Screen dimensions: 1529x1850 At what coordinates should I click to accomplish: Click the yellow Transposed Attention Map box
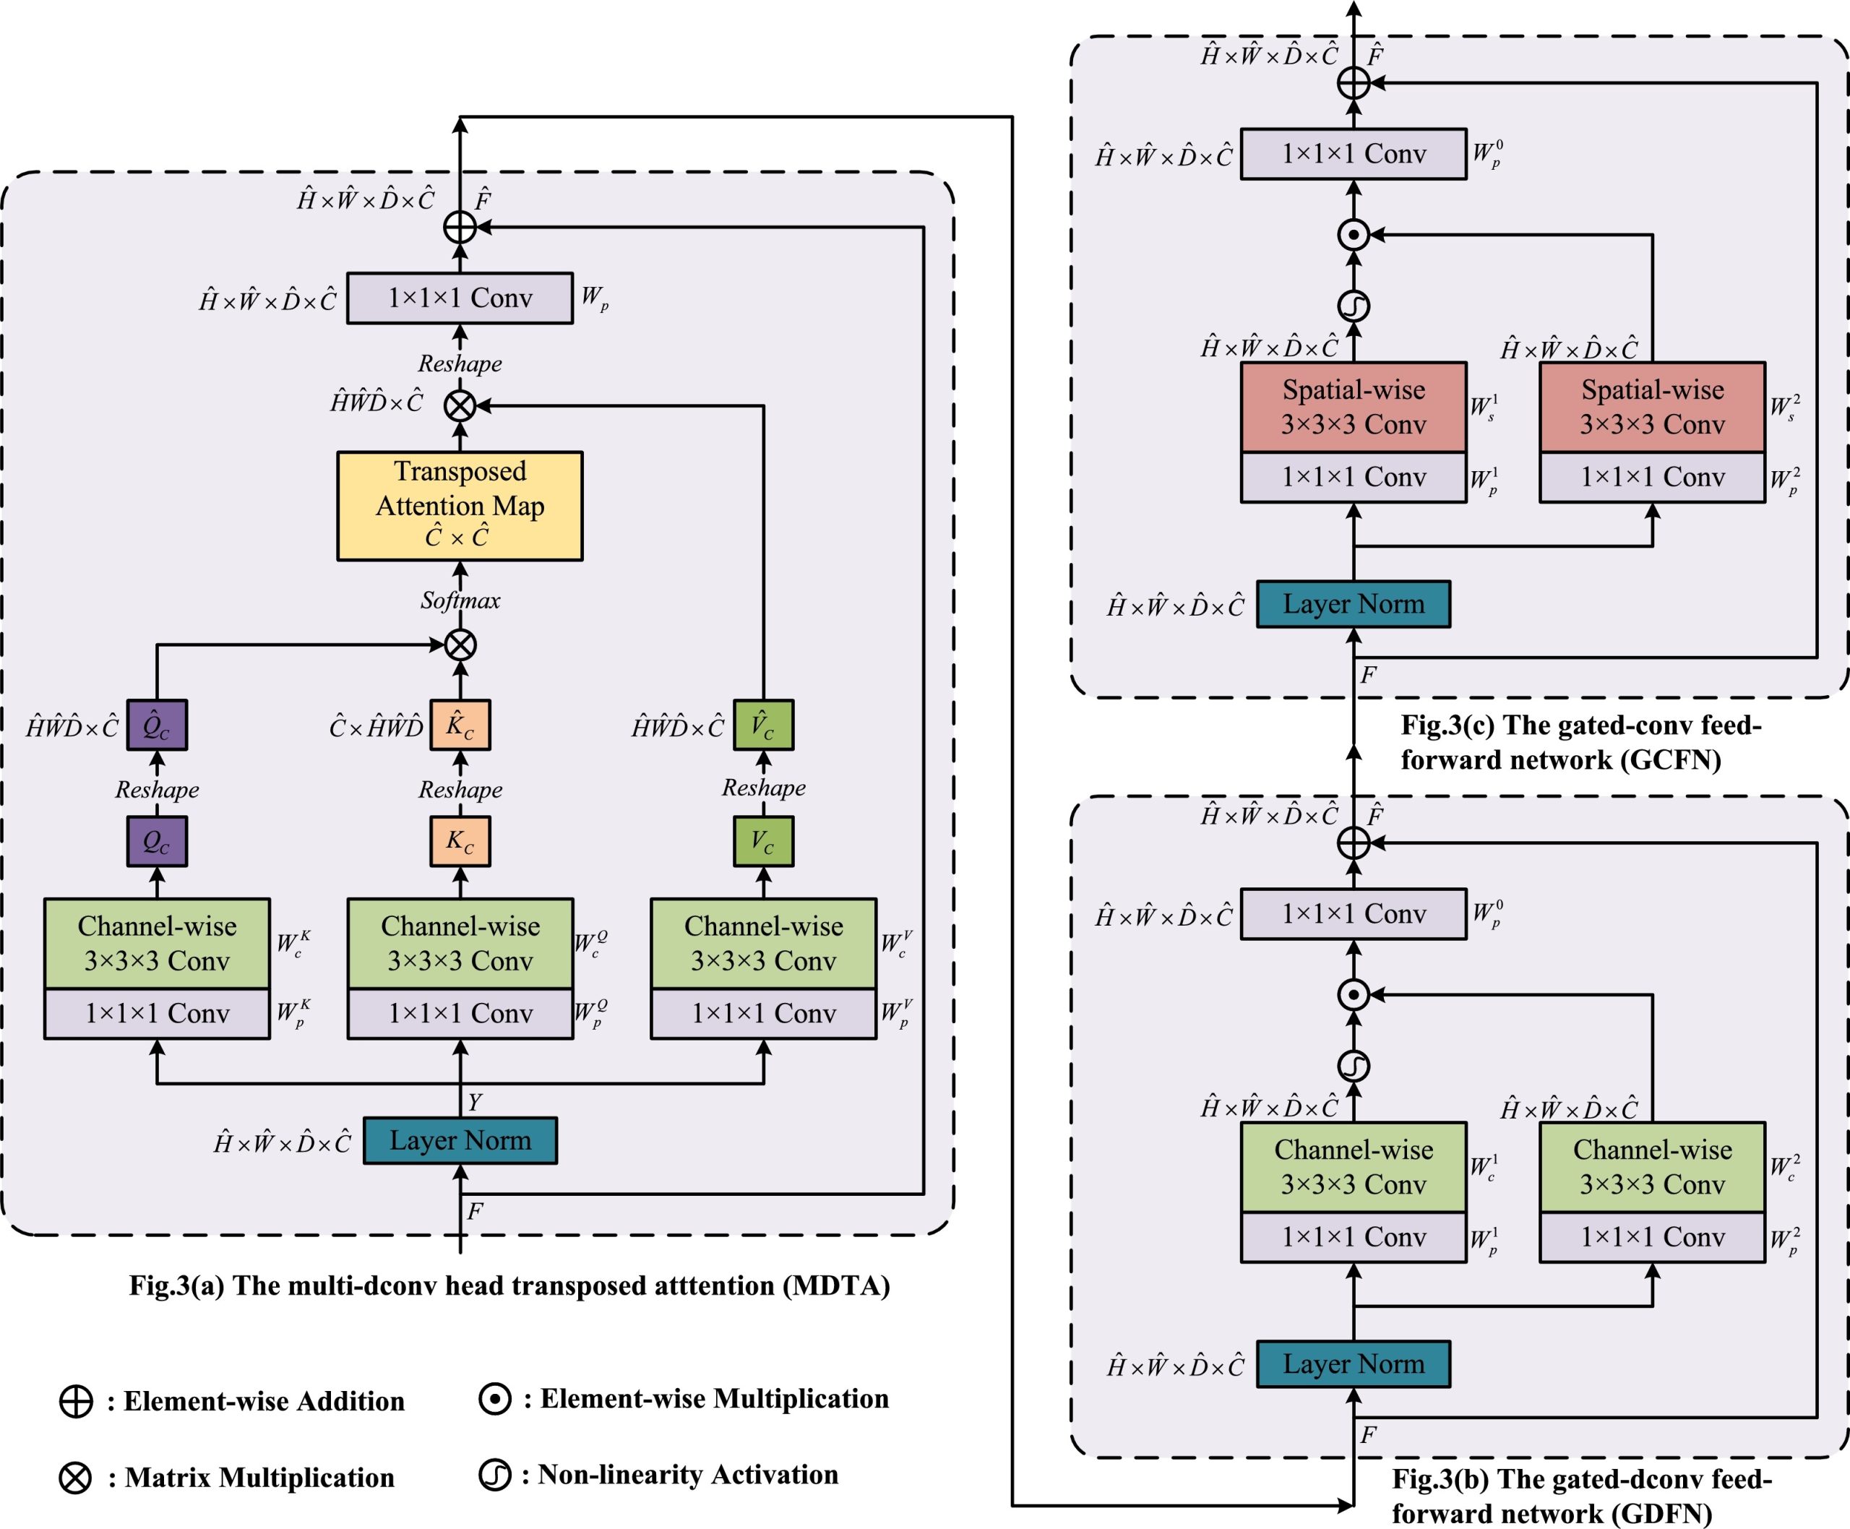[459, 506]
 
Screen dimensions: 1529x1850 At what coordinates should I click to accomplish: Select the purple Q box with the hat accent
[157, 725]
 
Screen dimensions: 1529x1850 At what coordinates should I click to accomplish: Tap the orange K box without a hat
[460, 841]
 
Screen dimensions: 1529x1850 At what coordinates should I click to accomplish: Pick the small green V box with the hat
[763, 725]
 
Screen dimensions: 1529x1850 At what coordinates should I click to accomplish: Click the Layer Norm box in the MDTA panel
[460, 1140]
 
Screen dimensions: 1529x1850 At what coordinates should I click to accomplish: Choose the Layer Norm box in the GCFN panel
[1353, 604]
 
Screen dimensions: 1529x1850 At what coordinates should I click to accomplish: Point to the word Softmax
[460, 600]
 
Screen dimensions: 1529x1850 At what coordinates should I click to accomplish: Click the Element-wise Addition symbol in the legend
[76, 1401]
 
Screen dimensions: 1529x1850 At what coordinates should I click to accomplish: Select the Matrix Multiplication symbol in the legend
[76, 1477]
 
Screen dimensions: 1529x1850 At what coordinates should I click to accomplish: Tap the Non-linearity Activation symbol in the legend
[495, 1474]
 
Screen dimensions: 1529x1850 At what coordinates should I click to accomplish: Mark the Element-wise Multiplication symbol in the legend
[495, 1399]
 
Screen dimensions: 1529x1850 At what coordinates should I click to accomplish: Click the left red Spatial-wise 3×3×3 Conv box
[1353, 408]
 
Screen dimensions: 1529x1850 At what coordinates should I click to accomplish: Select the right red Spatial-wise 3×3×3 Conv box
[1652, 408]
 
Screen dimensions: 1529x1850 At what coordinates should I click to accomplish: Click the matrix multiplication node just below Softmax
[460, 645]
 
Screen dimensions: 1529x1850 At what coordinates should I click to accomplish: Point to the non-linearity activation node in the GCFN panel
[1353, 306]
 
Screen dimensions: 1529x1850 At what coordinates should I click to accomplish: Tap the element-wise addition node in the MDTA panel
[460, 227]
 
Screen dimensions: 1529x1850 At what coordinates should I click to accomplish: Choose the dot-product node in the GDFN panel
[1353, 994]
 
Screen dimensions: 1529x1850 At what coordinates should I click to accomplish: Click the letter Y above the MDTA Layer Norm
[475, 1102]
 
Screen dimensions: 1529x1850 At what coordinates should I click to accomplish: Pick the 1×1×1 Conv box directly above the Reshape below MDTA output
[460, 298]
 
